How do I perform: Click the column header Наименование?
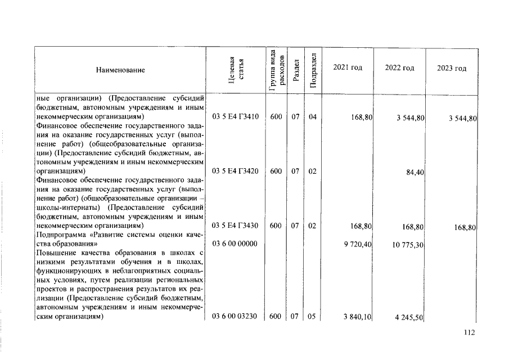tap(120, 70)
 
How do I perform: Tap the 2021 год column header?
tap(348, 67)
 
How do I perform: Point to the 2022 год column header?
tap(399, 67)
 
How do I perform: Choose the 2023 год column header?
tap(452, 68)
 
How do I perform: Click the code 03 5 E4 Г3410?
tap(235, 117)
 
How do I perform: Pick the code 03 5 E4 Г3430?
tap(235, 226)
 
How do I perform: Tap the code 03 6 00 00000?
tap(235, 244)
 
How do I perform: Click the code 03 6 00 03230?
tap(235, 317)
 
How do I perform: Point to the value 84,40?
tap(415, 173)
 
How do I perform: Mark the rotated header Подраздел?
tap(313, 70)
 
